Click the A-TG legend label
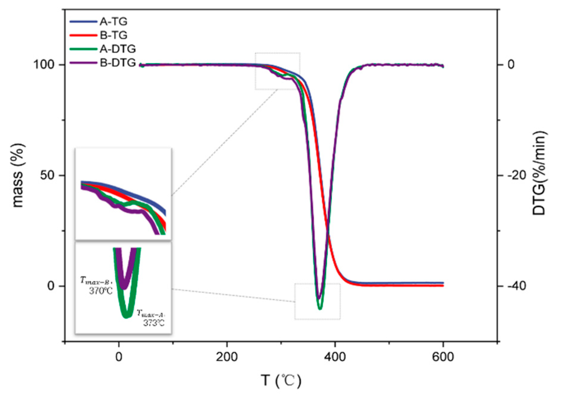(113, 21)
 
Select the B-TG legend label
(113, 35)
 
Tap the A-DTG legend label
(118, 49)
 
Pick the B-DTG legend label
(118, 63)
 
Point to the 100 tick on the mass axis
(44, 64)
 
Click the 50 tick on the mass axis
(47, 175)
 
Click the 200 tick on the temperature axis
(227, 357)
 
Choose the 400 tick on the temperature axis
(335, 357)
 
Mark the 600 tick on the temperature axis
(443, 357)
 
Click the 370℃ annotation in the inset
(101, 291)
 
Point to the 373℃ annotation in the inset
(154, 323)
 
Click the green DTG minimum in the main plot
(320, 308)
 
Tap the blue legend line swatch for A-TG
(83, 21)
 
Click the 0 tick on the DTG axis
(511, 64)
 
